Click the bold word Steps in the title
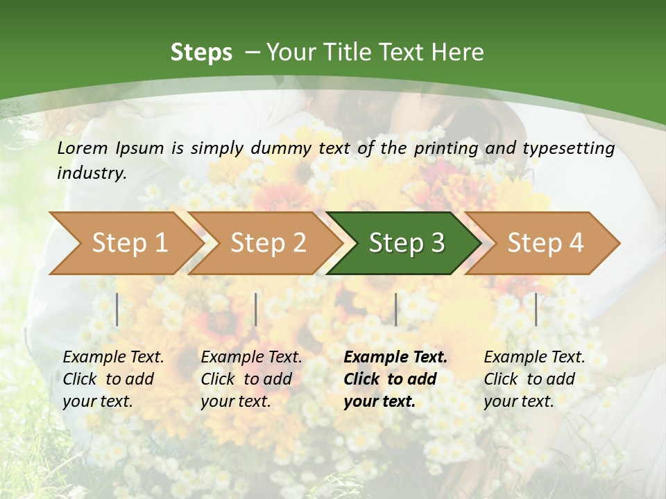coord(201,53)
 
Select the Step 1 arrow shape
coord(125,243)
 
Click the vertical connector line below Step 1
coord(117,309)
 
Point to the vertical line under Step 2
coord(256,309)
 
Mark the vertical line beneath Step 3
coord(396,309)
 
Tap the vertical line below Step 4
coord(536,309)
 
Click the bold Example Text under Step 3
coord(395,358)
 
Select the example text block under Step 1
coord(113,379)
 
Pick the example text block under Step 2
coord(251,379)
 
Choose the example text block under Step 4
coord(534,379)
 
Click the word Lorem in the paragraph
coord(83,148)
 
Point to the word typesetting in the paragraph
coord(568,148)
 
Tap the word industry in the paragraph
coord(91,173)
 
